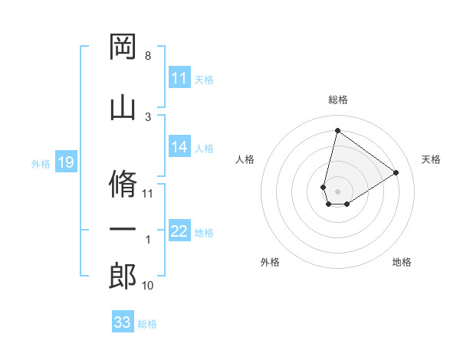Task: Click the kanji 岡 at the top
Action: click(x=123, y=47)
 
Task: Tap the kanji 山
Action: click(x=123, y=105)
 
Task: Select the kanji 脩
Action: click(x=123, y=183)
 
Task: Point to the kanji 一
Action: click(x=123, y=230)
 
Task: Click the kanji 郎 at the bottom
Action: click(x=123, y=276)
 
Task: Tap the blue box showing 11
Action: click(x=179, y=79)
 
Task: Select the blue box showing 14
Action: click(x=179, y=148)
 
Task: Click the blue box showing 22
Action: click(x=179, y=232)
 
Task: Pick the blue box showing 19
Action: click(x=65, y=162)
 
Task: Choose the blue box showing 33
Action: click(x=123, y=322)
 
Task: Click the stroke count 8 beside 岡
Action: click(x=148, y=56)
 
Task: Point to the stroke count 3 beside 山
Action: click(x=148, y=116)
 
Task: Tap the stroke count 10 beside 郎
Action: click(x=148, y=286)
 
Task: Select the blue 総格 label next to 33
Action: click(x=147, y=324)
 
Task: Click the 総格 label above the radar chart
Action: click(x=338, y=100)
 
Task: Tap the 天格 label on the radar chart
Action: click(x=432, y=159)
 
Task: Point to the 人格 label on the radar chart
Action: click(x=245, y=159)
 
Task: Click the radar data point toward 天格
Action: click(x=396, y=172)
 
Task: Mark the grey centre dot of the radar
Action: click(x=337, y=190)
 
